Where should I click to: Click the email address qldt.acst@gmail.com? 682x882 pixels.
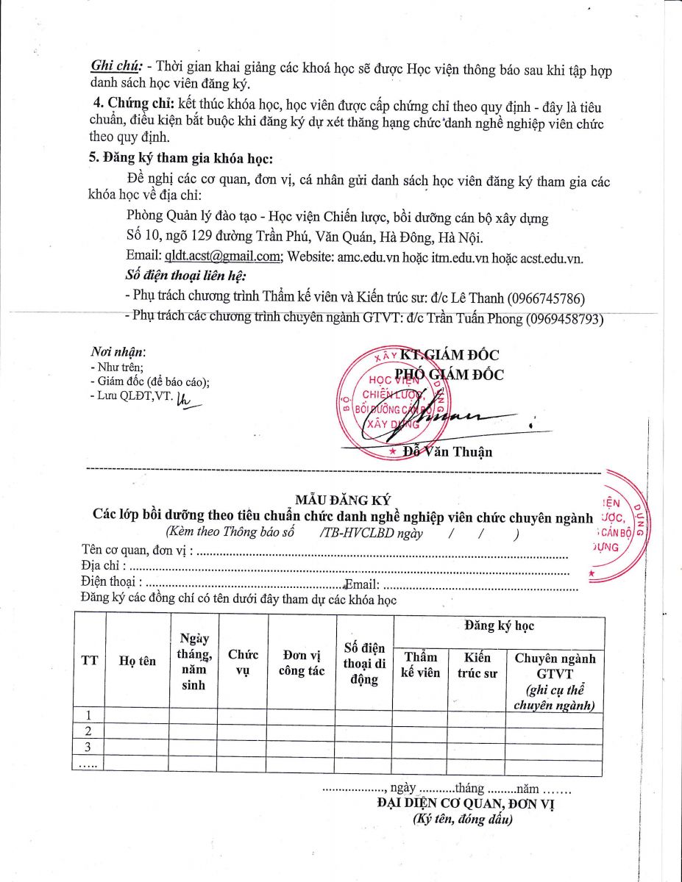click(x=223, y=256)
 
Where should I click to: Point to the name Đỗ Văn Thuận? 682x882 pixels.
click(x=449, y=451)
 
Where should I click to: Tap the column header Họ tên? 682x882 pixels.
click(x=138, y=661)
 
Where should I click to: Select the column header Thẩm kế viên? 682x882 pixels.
click(x=420, y=664)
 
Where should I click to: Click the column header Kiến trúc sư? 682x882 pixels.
click(x=477, y=664)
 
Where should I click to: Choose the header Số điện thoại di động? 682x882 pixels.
click(x=364, y=663)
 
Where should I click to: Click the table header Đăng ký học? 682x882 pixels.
click(x=499, y=626)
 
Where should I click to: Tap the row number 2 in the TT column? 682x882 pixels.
click(x=89, y=731)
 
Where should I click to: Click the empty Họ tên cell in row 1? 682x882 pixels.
click(x=138, y=714)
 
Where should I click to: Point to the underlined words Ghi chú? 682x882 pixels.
click(x=106, y=65)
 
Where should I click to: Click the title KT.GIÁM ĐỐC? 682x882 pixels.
click(x=450, y=355)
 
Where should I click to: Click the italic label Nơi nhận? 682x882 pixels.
click(x=118, y=352)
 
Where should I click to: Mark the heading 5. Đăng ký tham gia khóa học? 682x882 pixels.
click(x=180, y=157)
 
